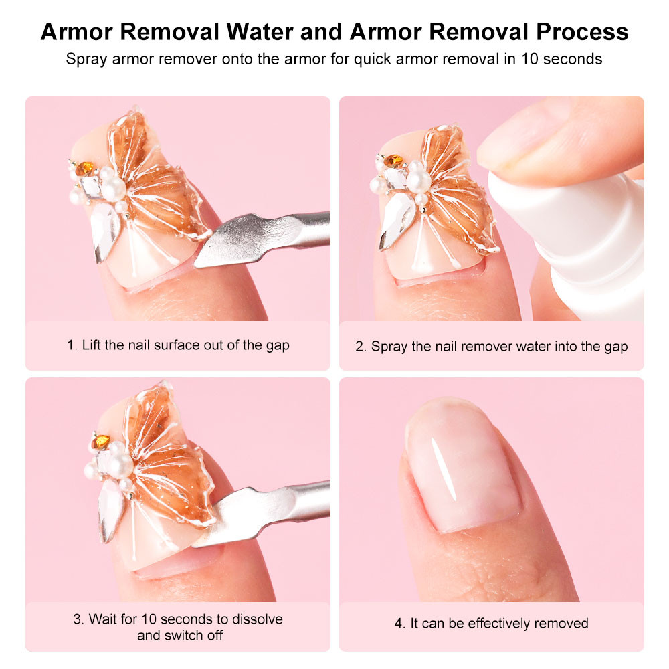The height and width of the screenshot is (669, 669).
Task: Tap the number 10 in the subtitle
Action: click(x=526, y=59)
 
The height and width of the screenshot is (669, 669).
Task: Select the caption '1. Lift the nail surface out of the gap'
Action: click(x=178, y=346)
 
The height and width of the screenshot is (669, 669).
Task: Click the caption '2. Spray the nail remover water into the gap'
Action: click(x=492, y=347)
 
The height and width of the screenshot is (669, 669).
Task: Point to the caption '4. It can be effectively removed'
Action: click(x=492, y=624)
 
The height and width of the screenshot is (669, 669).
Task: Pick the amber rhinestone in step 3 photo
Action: click(x=102, y=442)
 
